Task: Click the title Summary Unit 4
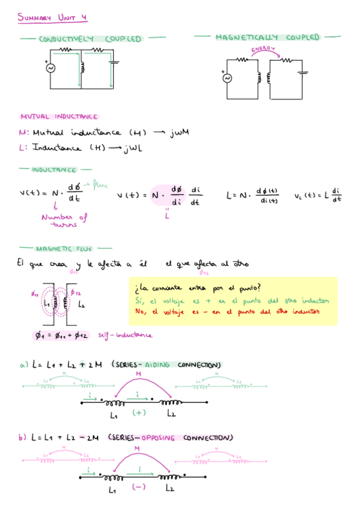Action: (52, 18)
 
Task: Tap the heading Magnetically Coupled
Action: (267, 37)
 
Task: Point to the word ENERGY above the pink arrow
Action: (263, 49)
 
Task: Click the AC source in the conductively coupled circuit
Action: (50, 68)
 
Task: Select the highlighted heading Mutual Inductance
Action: (58, 117)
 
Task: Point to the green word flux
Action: (98, 185)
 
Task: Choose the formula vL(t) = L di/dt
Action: (318, 195)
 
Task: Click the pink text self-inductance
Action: (125, 335)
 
